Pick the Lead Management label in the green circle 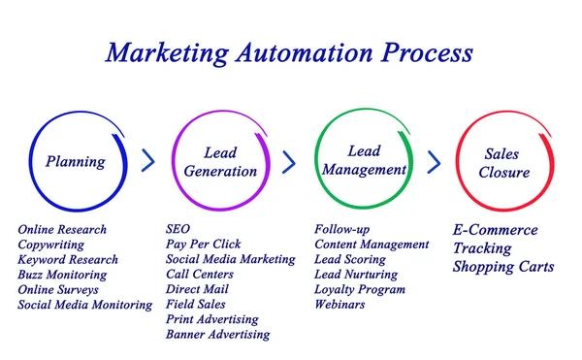(361, 160)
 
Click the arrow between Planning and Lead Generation (148, 161)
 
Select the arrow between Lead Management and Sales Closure (434, 161)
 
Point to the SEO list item (178, 230)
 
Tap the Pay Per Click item (204, 245)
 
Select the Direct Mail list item (198, 289)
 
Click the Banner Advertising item (217, 334)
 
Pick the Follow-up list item (342, 230)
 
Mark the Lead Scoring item (350, 259)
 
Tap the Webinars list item (339, 304)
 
